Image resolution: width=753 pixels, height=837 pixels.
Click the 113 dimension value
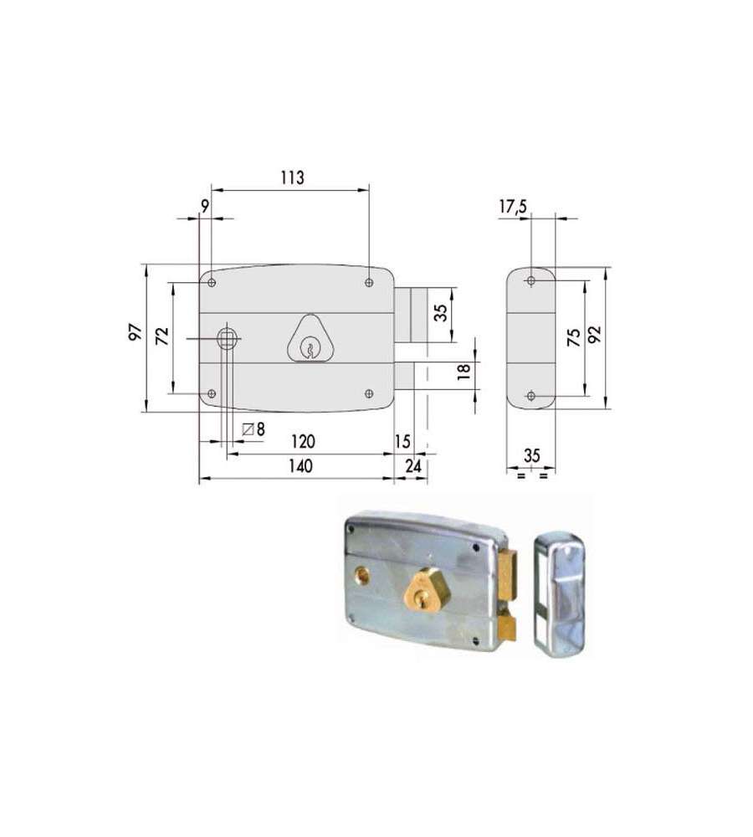pos(293,177)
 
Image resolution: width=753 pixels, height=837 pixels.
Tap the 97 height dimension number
pos(136,332)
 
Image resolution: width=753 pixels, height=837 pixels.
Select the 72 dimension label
pos(161,336)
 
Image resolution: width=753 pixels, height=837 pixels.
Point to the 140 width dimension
pos(300,466)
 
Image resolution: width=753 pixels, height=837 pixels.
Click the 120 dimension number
pos(303,441)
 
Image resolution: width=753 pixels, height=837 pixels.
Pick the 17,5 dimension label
pos(513,207)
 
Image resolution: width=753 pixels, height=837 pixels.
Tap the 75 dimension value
pos(574,337)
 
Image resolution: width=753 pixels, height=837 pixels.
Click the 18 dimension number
pos(464,371)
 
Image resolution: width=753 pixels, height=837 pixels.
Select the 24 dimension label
pos(413,466)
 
